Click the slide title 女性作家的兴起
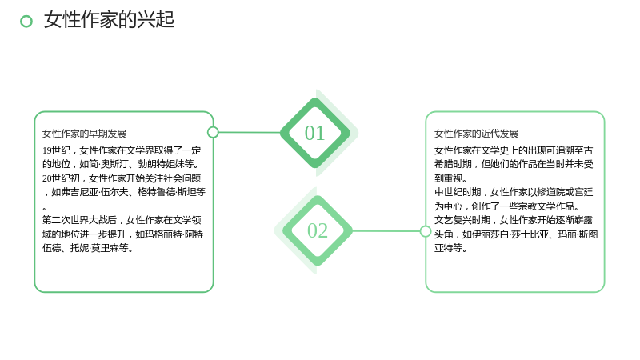click(x=109, y=19)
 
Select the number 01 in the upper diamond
click(x=314, y=133)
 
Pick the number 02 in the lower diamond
click(x=318, y=230)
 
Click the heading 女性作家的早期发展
click(x=84, y=134)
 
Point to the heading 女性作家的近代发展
click(x=476, y=134)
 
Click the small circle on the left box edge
click(x=213, y=132)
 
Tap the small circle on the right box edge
click(x=426, y=231)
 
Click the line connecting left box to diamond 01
click(x=250, y=132)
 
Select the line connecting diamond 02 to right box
click(x=386, y=231)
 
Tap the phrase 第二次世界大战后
click(x=79, y=220)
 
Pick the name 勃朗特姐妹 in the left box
click(x=161, y=165)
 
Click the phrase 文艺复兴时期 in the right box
click(x=462, y=220)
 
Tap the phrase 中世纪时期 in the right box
click(x=457, y=192)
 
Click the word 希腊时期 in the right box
click(x=452, y=165)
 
